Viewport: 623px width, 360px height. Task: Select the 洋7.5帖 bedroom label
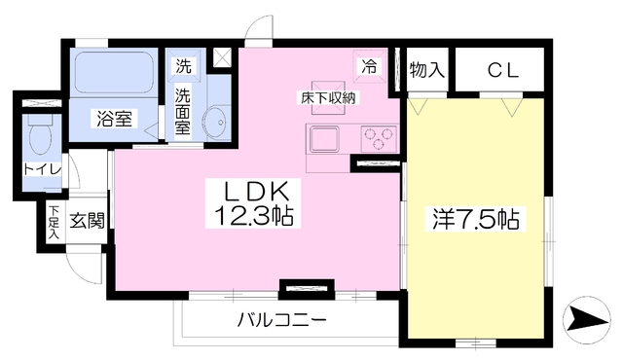pyautogui.click(x=474, y=220)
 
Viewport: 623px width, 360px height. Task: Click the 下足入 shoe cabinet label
pyautogui.click(x=53, y=223)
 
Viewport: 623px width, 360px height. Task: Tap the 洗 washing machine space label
pyautogui.click(x=183, y=67)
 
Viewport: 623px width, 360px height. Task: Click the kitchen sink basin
pyautogui.click(x=325, y=139)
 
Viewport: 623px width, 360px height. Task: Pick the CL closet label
pyautogui.click(x=502, y=69)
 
